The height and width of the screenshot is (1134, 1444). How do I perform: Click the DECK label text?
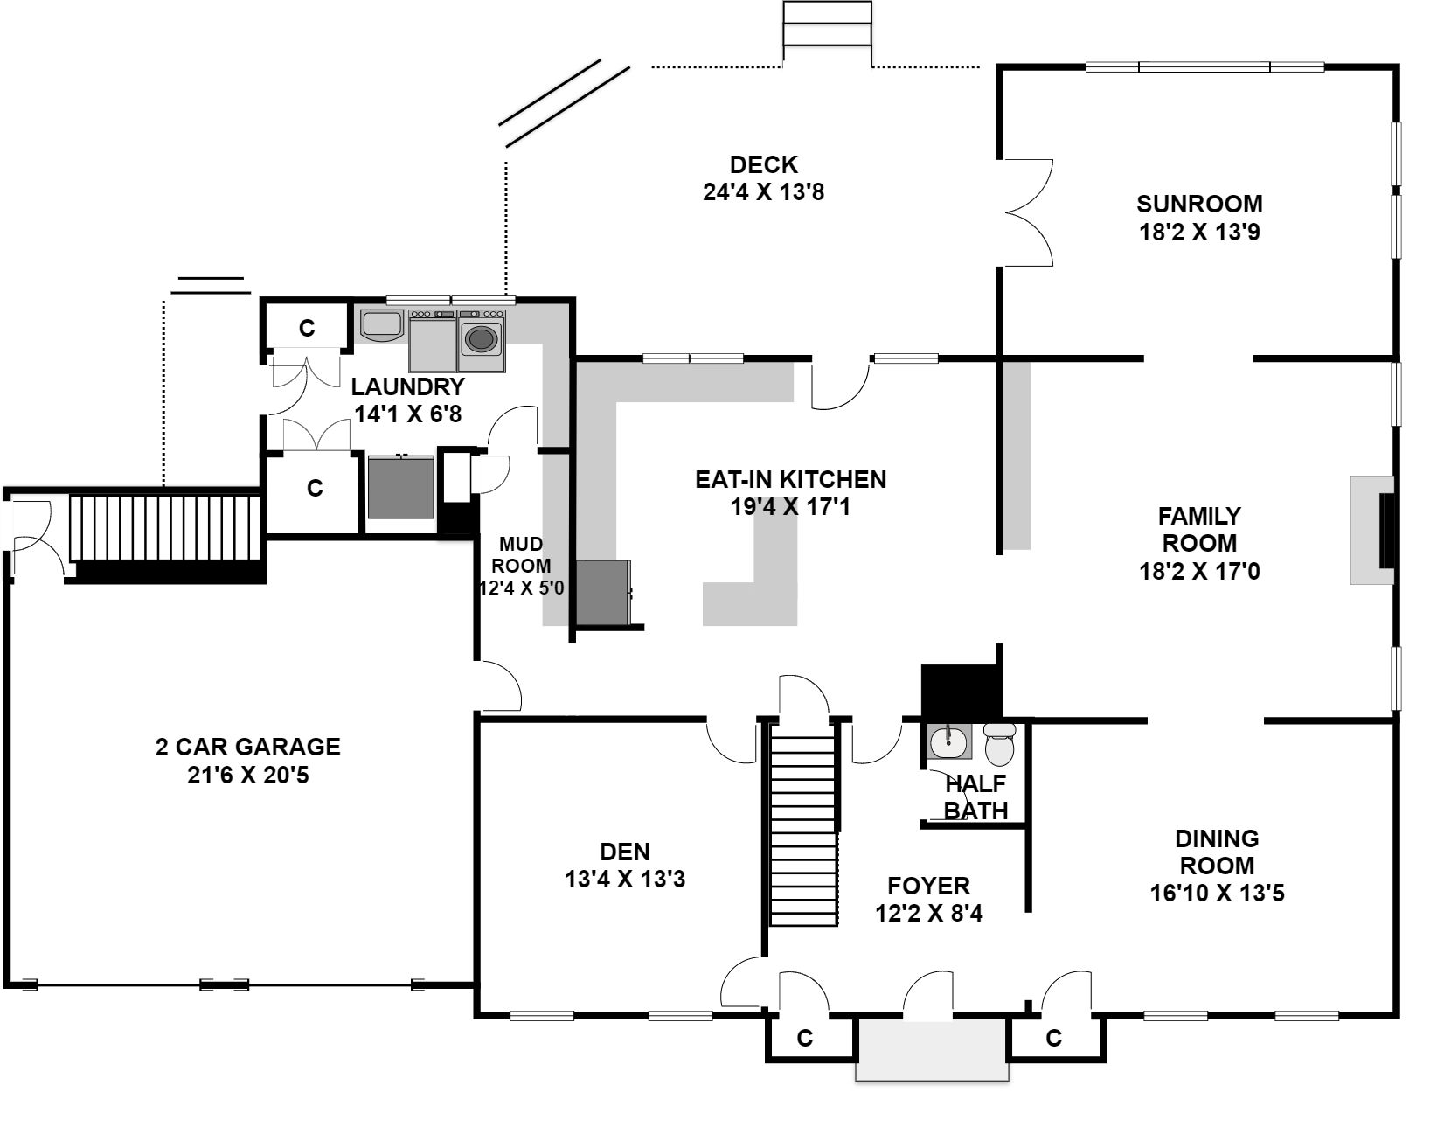[764, 164]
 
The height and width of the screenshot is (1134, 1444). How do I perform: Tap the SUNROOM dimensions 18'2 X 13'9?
[1199, 232]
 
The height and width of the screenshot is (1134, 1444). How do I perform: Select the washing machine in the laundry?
[481, 339]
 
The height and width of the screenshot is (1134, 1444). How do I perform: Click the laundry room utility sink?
[382, 325]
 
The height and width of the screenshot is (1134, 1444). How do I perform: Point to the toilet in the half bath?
[999, 744]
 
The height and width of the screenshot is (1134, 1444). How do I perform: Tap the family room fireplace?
[1372, 530]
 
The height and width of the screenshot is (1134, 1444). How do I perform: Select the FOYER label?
[928, 886]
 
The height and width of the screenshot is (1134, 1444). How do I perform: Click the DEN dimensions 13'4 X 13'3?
[625, 879]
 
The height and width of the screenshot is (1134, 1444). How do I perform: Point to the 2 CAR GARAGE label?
[248, 747]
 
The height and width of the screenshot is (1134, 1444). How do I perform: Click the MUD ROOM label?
[521, 555]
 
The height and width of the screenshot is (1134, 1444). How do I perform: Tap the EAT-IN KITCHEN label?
[791, 479]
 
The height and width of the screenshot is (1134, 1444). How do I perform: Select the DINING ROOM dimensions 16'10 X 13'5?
[1218, 893]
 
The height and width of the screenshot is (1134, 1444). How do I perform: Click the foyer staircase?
[802, 824]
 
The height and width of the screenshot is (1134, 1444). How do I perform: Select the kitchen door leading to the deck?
[840, 384]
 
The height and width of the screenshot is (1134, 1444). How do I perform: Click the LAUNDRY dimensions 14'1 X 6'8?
[408, 414]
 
